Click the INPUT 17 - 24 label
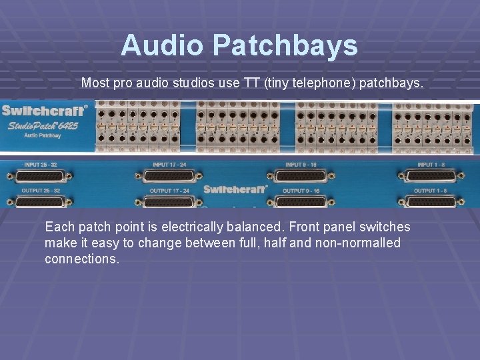click(x=171, y=164)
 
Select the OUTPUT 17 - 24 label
click(x=170, y=191)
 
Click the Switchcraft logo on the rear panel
click(x=235, y=189)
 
